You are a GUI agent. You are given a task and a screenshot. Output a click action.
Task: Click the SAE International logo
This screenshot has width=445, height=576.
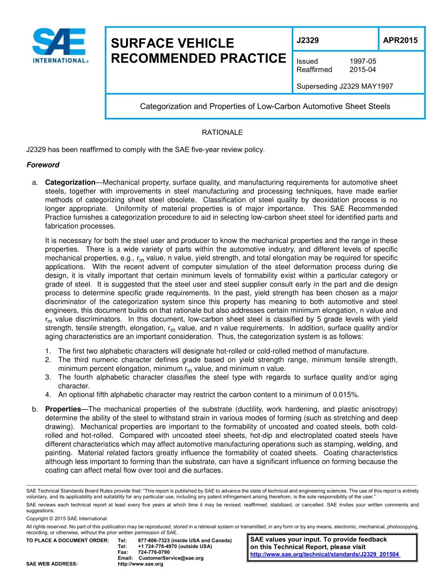point(59,45)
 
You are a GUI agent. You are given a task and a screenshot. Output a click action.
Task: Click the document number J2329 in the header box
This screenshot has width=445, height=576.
point(308,40)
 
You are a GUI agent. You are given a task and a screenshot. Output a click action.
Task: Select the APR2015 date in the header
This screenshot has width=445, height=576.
point(400,40)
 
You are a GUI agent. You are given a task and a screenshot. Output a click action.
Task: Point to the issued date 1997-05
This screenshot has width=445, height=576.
point(363,61)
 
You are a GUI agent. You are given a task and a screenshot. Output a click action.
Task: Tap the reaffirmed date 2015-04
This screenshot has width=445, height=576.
point(363,70)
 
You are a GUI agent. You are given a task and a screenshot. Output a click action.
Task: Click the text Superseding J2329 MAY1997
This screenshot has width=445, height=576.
point(345,86)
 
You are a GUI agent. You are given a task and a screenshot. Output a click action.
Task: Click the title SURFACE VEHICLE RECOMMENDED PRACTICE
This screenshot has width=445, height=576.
point(198,51)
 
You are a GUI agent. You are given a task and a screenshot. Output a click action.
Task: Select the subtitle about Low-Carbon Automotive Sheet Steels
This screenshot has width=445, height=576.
point(265,106)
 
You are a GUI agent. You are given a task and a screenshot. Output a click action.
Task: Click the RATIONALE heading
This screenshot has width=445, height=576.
point(222,133)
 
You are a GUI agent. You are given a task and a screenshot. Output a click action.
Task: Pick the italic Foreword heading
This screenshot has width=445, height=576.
point(43,165)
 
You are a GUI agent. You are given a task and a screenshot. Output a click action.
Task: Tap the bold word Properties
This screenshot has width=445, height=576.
point(63,409)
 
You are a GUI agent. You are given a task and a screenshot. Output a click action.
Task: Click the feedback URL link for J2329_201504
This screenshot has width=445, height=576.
point(325,554)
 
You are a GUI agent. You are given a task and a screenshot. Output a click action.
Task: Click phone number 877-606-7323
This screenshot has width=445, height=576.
point(154,540)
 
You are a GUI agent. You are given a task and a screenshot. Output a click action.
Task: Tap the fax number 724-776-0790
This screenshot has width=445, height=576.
point(154,552)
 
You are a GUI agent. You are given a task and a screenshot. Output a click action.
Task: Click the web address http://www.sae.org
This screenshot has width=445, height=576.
point(141,564)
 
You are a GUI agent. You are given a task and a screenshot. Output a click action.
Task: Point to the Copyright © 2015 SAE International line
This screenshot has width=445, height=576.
point(67,518)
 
